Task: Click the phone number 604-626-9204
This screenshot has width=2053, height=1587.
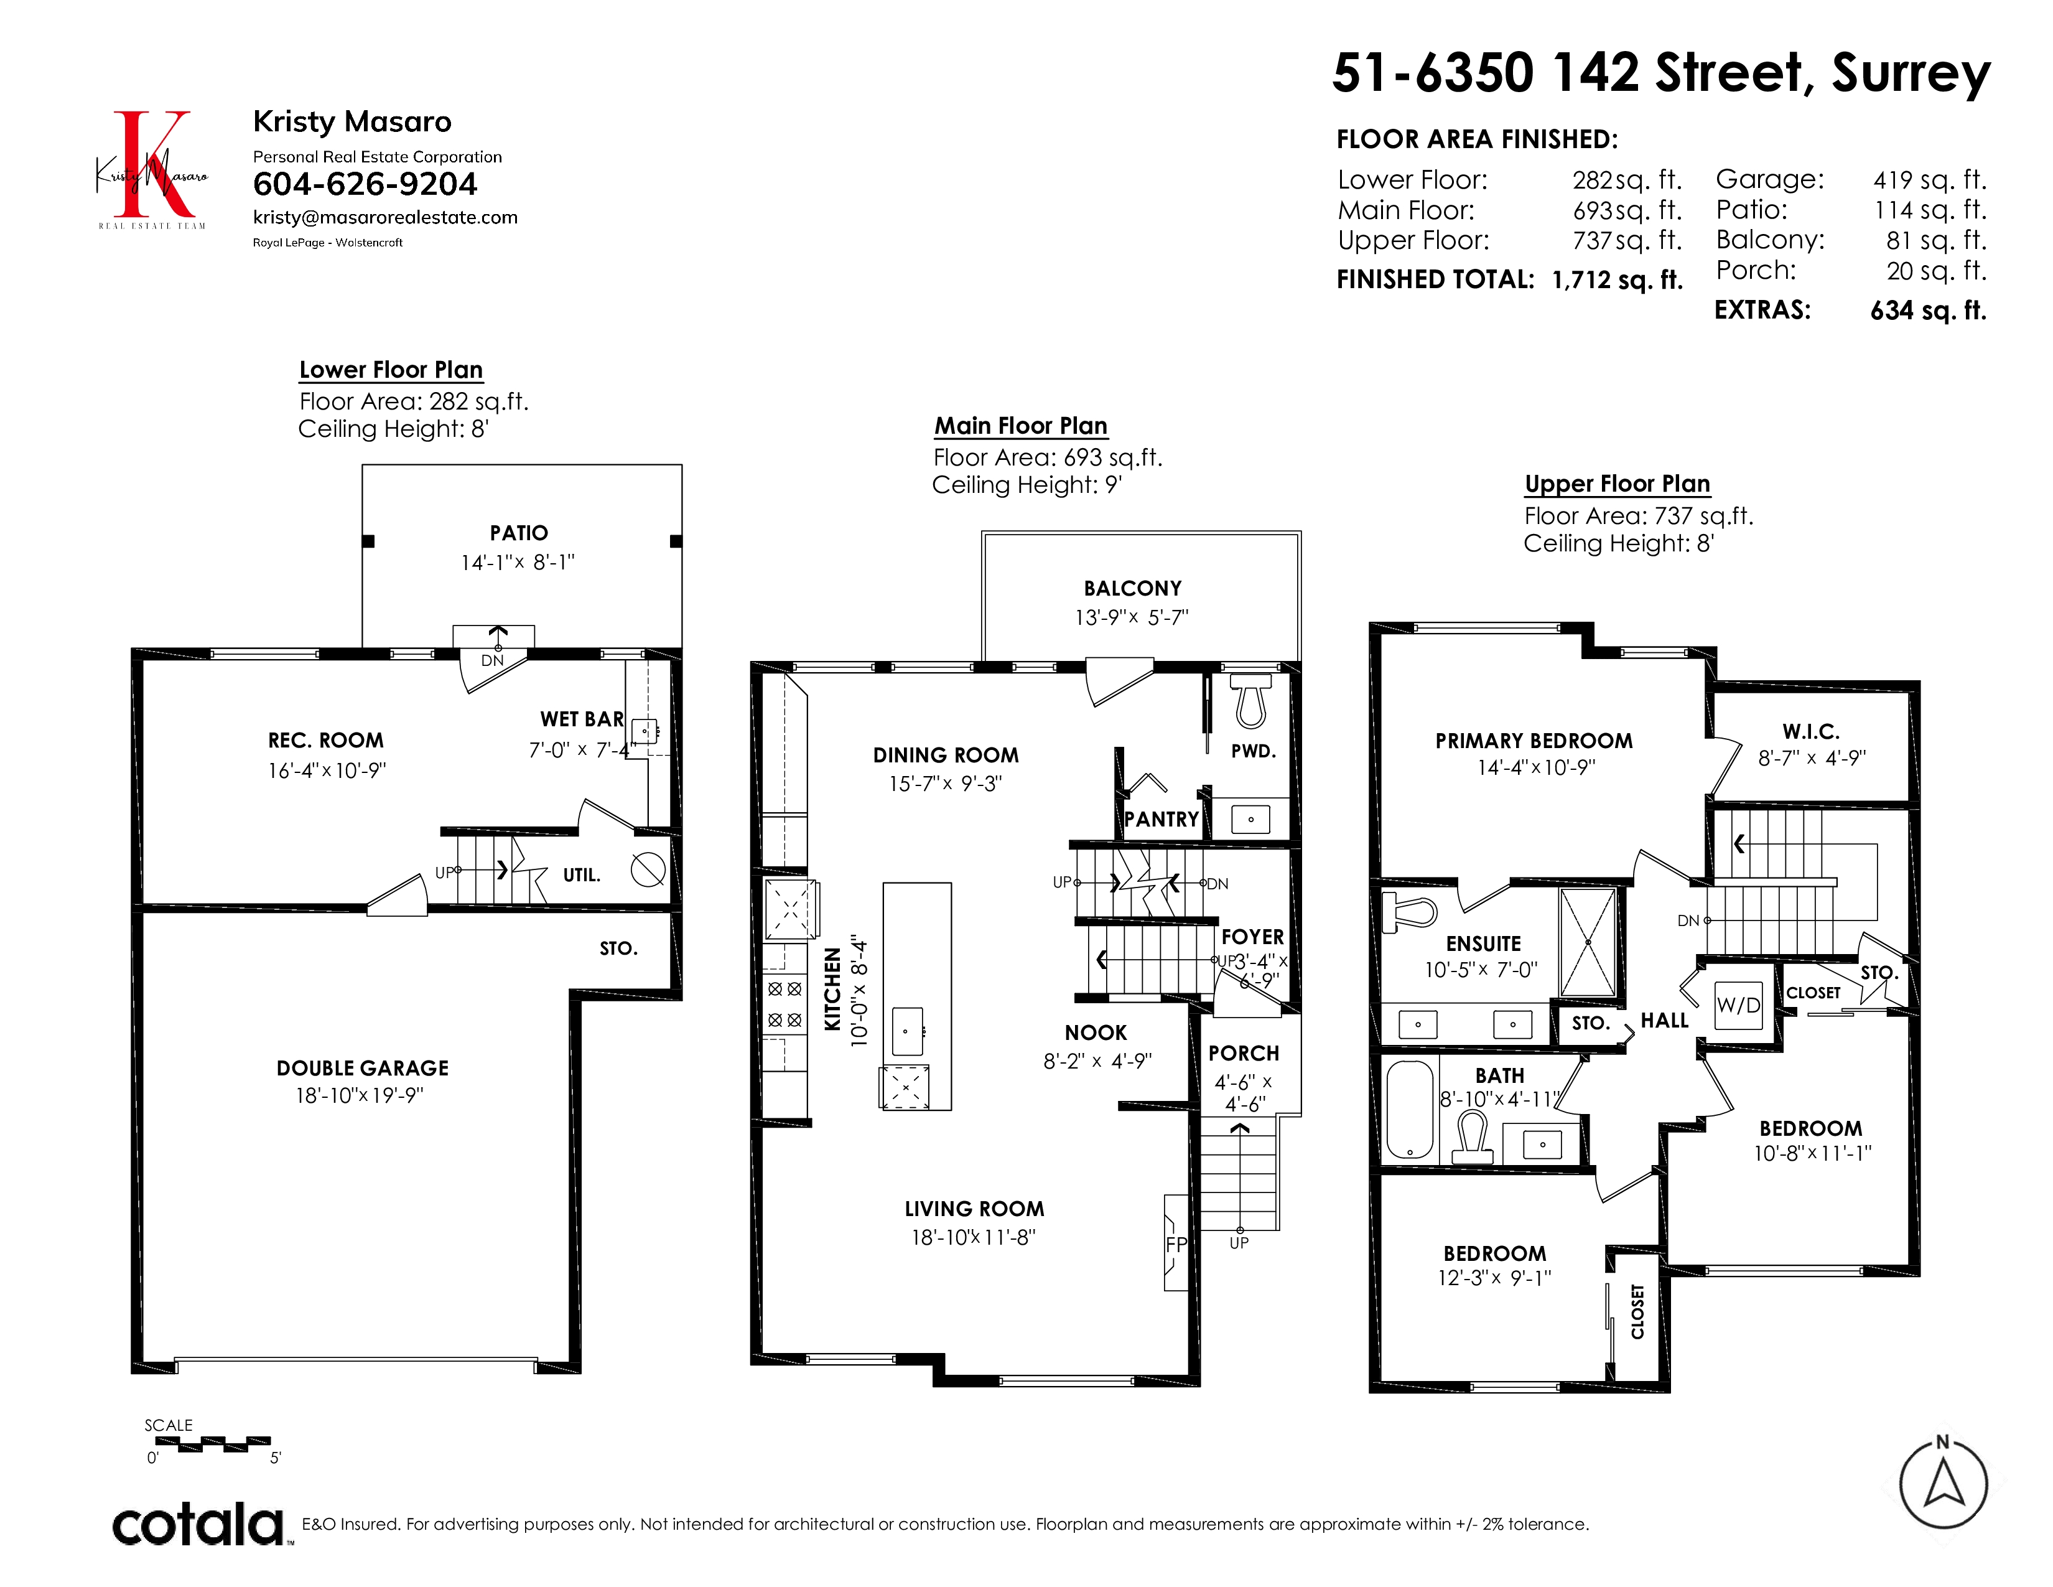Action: coord(365,184)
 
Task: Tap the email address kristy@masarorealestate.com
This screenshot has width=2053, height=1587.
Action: coord(386,217)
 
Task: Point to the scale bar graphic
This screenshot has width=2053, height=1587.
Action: coord(212,1444)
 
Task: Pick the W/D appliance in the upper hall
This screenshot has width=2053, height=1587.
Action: coord(1738,1005)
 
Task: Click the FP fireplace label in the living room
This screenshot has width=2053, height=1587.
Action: coord(1176,1244)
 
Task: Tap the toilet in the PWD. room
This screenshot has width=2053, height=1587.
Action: coord(1250,701)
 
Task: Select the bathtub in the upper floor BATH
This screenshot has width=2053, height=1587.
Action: coord(1410,1110)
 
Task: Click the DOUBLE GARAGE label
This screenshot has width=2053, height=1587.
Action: coord(363,1068)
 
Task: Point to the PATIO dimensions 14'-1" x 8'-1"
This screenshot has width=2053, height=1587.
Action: coord(518,562)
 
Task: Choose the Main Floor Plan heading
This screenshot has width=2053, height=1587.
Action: coord(1021,426)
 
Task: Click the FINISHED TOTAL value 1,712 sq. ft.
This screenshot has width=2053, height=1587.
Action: coord(1617,280)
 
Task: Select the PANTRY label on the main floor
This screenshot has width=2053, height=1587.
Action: coord(1162,819)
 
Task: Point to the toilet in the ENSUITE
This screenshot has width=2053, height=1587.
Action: coord(1410,912)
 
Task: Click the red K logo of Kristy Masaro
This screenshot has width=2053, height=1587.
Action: coord(152,164)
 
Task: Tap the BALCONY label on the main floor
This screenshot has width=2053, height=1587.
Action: coord(1133,589)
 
